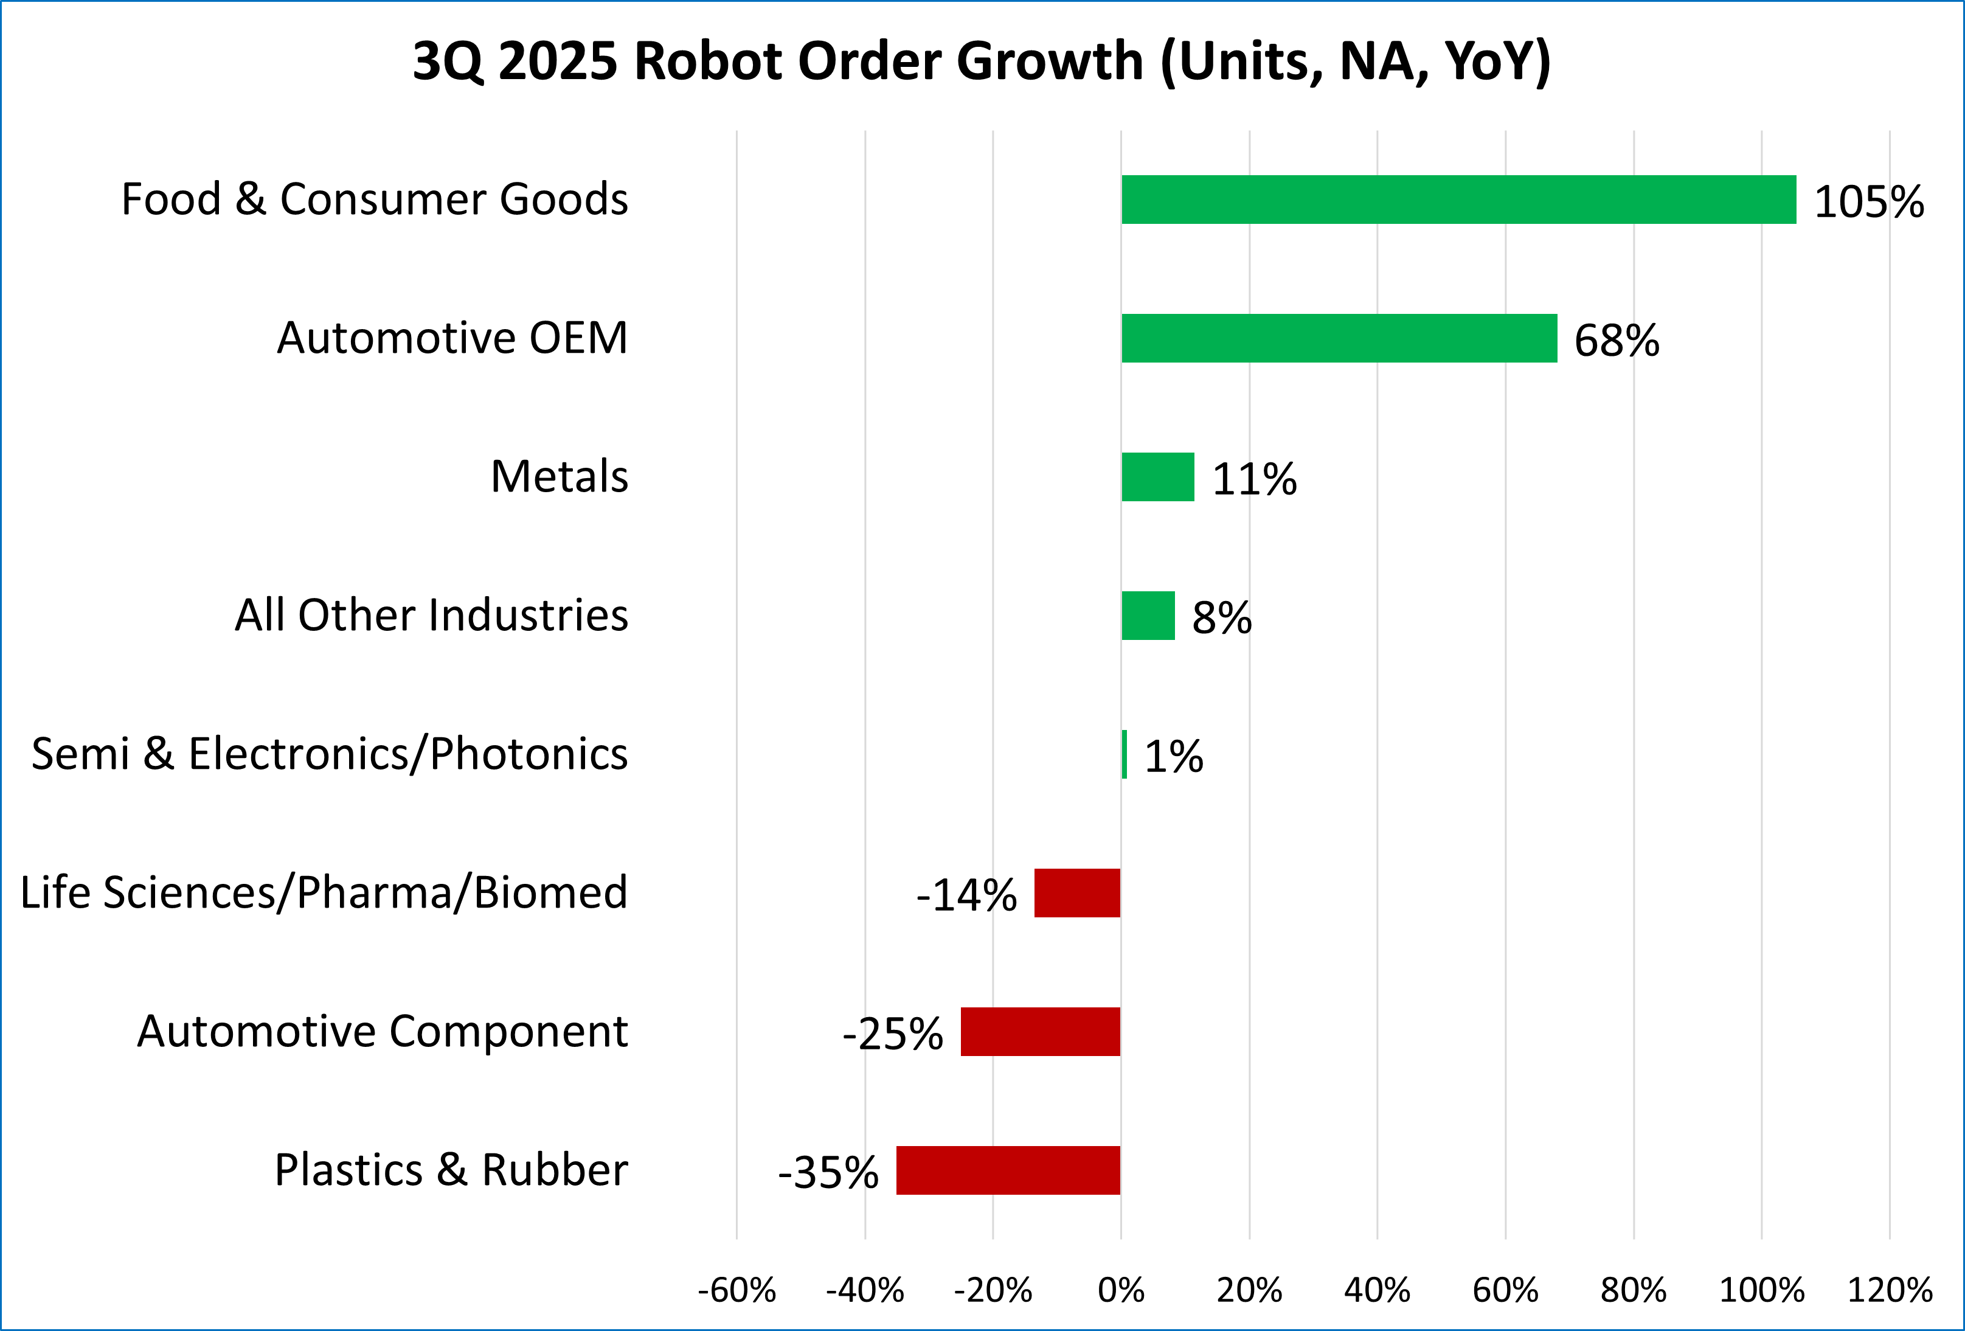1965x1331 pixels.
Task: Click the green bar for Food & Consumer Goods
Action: (1458, 200)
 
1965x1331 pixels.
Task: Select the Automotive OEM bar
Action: (1339, 338)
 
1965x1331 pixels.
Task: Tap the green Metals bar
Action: (1157, 477)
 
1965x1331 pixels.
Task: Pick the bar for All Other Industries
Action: (1148, 616)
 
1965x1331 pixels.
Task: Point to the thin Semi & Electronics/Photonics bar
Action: (1125, 754)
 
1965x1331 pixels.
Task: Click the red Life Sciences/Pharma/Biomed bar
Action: (1077, 893)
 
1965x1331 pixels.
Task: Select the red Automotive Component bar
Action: (1040, 1032)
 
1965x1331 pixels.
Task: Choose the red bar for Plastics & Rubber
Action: (1008, 1170)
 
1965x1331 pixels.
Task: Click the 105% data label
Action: (1869, 202)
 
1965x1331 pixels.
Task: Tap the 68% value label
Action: (1617, 341)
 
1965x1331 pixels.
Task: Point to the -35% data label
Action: (828, 1173)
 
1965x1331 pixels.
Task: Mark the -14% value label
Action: (966, 895)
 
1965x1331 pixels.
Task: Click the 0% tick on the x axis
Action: (1121, 1290)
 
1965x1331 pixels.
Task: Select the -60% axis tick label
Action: (736, 1290)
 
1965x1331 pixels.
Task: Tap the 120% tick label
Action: (1890, 1290)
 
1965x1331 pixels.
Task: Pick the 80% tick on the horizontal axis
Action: (1634, 1290)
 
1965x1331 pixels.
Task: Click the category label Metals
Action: (559, 476)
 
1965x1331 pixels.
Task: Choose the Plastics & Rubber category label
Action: (451, 1170)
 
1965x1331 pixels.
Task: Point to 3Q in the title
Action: (448, 63)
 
